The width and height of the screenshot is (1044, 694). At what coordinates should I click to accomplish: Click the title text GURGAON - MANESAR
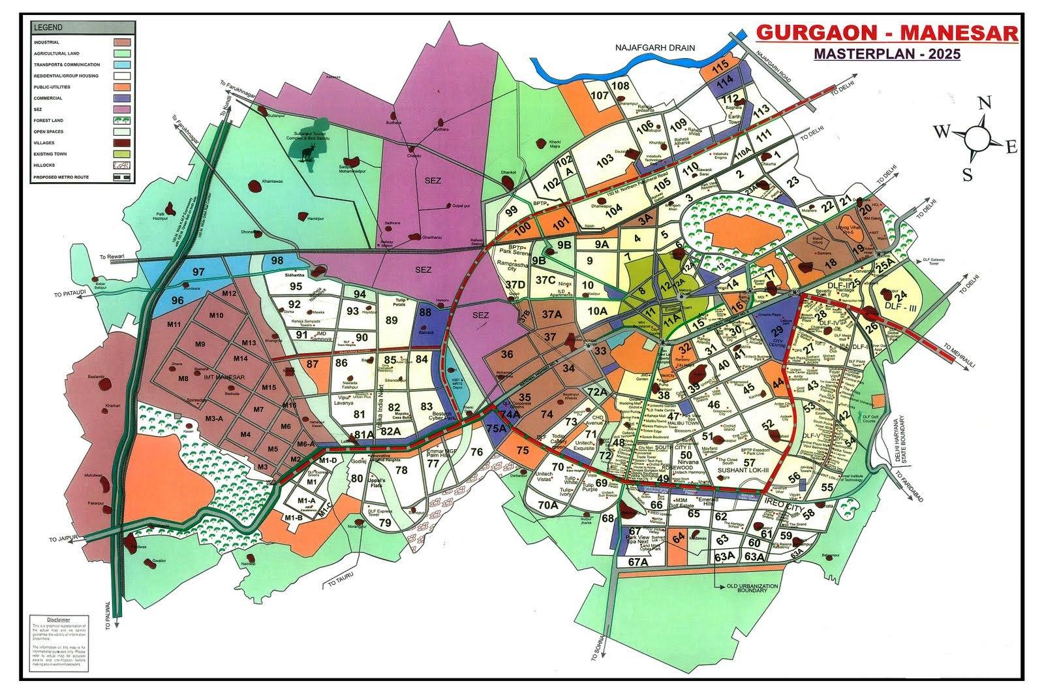(885, 33)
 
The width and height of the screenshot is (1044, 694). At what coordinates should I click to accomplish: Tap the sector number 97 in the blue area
(198, 272)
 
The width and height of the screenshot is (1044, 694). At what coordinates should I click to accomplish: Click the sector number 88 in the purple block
(425, 313)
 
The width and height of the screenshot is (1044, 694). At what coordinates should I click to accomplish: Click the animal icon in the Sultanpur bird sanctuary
(305, 152)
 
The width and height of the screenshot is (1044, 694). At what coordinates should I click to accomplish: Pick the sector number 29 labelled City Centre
(776, 333)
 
